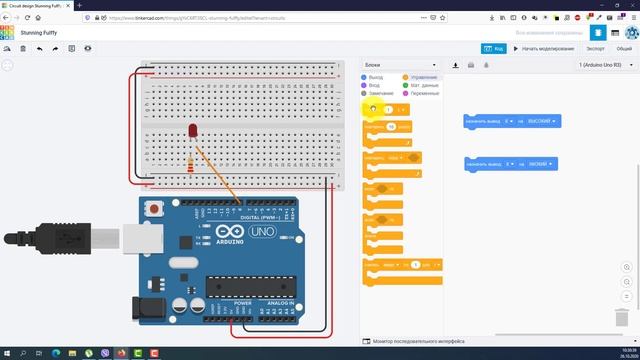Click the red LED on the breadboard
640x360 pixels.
[191, 132]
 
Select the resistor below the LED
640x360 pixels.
[191, 163]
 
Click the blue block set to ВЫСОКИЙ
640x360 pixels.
[511, 121]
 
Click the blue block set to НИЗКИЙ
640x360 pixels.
[510, 163]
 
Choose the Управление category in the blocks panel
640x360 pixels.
[421, 77]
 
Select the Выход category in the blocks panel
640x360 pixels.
[375, 77]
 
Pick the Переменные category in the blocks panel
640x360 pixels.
[425, 93]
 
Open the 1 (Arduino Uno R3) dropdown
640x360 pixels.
[606, 65]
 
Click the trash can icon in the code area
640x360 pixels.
[621, 317]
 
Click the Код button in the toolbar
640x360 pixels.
[492, 48]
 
